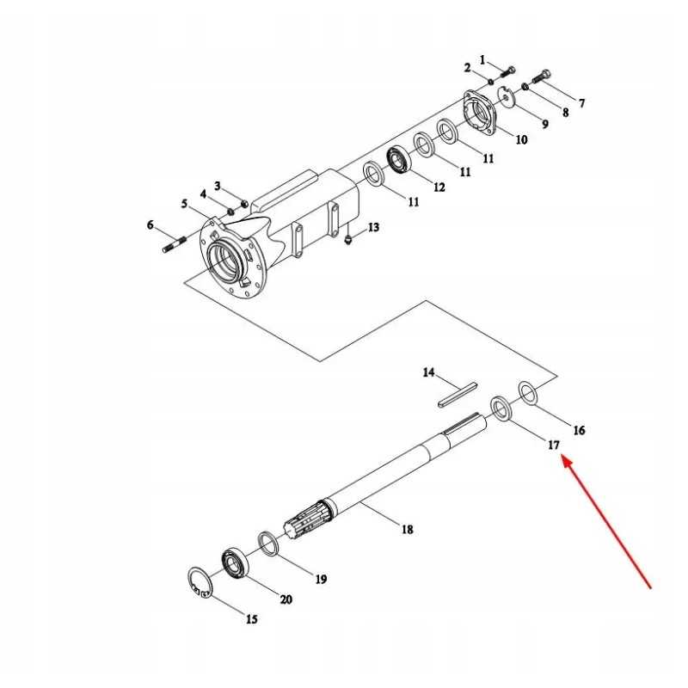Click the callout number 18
click(408, 530)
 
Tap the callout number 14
click(428, 373)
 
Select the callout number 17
click(553, 445)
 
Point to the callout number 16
click(579, 430)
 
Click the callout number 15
click(251, 619)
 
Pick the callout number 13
click(373, 227)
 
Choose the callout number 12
click(439, 187)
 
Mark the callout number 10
click(521, 139)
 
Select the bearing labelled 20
click(235, 562)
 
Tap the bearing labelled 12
click(400, 160)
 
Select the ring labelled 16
click(528, 392)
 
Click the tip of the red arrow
click(562, 458)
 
